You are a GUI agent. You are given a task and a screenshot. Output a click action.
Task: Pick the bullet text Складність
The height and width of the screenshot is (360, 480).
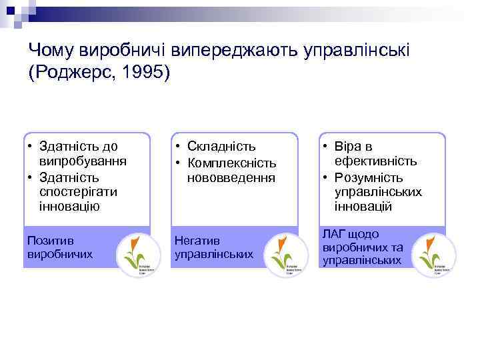point(221,147)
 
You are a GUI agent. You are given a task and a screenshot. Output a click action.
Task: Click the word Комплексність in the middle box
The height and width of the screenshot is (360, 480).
point(232,163)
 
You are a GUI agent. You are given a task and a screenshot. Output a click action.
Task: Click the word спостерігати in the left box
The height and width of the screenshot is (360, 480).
point(78,191)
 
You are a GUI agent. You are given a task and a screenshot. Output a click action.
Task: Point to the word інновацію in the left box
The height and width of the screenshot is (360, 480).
point(69,206)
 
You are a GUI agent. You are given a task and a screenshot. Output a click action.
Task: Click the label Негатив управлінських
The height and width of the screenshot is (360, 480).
point(213,247)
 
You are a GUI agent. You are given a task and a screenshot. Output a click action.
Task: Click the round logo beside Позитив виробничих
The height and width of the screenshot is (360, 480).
point(138,255)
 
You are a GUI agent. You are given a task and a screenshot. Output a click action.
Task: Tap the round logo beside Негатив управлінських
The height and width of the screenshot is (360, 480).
point(286,255)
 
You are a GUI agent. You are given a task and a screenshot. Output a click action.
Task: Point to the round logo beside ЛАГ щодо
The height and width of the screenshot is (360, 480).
point(433,255)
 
